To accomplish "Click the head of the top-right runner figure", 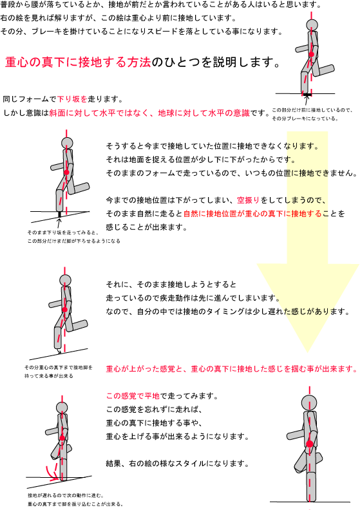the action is click(x=312, y=24).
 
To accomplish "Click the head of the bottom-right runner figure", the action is click(x=309, y=402).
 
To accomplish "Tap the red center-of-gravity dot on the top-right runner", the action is click(x=312, y=54).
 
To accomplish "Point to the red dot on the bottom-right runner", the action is click(x=310, y=444).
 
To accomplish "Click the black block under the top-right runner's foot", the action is click(x=307, y=95).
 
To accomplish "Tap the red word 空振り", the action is click(x=249, y=200).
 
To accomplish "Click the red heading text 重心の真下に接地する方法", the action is click(x=78, y=62).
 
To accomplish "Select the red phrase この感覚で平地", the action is click(x=133, y=396).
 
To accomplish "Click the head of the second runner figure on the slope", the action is click(x=67, y=143).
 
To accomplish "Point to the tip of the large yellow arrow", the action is click(x=307, y=352).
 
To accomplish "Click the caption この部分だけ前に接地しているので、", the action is click(x=312, y=110).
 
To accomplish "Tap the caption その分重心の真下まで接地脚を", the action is click(x=59, y=368).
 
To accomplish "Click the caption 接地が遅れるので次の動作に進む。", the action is click(x=66, y=495).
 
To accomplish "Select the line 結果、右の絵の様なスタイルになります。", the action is click(x=178, y=464).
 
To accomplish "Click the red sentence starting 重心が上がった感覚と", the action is click(x=232, y=369).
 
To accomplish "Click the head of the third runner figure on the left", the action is click(x=65, y=280).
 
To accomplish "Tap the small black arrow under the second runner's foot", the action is click(x=59, y=223).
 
